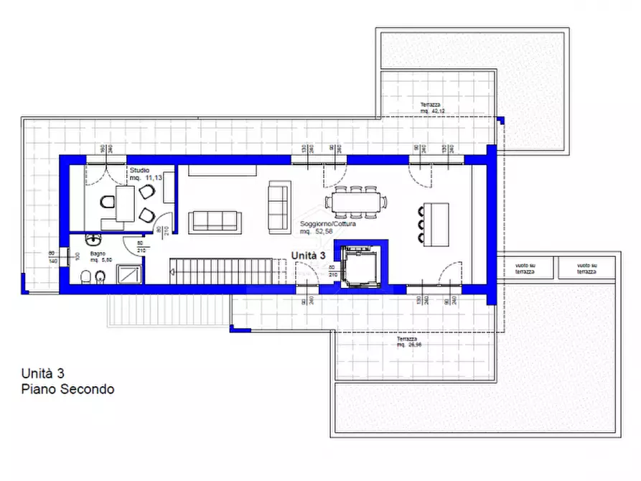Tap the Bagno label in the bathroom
pos(98,253)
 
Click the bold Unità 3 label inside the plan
pos(309,256)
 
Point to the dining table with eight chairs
pos(355,202)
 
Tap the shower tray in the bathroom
pos(129,275)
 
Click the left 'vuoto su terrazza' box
pos(525,268)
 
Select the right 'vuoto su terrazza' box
pos(586,268)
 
